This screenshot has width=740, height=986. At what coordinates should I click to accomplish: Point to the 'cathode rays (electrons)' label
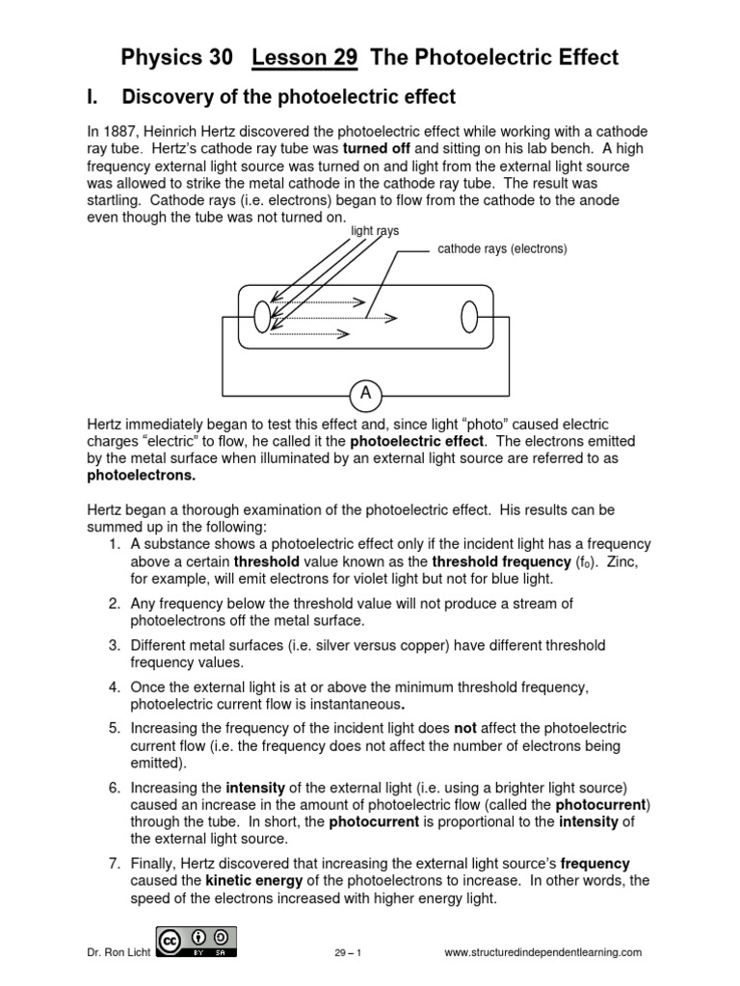[502, 248]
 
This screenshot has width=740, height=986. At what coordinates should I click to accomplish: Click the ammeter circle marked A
[365, 393]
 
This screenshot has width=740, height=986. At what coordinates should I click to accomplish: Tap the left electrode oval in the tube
[262, 315]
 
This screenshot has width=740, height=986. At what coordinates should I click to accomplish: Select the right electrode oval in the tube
[470, 315]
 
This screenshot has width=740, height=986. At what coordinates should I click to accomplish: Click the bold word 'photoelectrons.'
[142, 476]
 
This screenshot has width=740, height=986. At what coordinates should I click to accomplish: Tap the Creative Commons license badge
[197, 940]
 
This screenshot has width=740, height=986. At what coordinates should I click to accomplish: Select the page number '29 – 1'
[342, 952]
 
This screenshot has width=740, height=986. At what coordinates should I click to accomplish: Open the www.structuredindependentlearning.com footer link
[542, 952]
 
